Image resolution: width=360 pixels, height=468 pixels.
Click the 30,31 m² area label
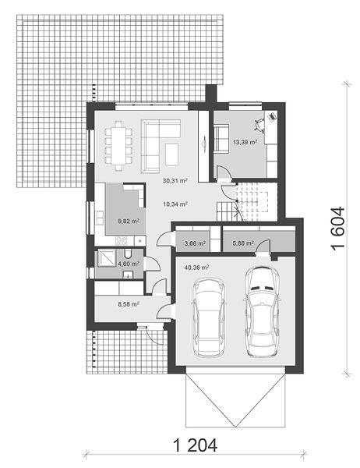click(175, 181)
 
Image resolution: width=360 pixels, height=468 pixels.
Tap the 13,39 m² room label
click(245, 143)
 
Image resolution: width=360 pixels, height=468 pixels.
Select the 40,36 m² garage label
click(196, 268)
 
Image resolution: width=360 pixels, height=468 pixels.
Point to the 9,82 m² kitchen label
click(129, 222)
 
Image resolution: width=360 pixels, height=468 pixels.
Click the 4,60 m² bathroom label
click(129, 264)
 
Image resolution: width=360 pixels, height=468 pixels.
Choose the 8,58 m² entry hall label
click(129, 304)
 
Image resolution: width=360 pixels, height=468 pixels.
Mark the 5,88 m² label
click(243, 243)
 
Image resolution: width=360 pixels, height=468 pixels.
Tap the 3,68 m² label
click(195, 243)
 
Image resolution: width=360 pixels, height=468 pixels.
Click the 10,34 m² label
click(175, 204)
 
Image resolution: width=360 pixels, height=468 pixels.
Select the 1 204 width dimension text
click(195, 445)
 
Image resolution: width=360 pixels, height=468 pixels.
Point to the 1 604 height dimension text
click(337, 228)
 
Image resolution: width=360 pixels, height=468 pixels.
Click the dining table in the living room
click(118, 145)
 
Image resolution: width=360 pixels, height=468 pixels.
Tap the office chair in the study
click(259, 126)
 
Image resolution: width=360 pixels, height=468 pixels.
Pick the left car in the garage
click(209, 317)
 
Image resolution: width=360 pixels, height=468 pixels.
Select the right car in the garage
click(262, 311)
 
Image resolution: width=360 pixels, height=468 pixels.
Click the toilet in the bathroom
click(129, 253)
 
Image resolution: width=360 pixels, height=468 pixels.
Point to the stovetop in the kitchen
click(121, 240)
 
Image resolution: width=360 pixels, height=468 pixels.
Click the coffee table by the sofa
click(171, 154)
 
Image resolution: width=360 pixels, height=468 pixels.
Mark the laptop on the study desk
click(272, 116)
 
